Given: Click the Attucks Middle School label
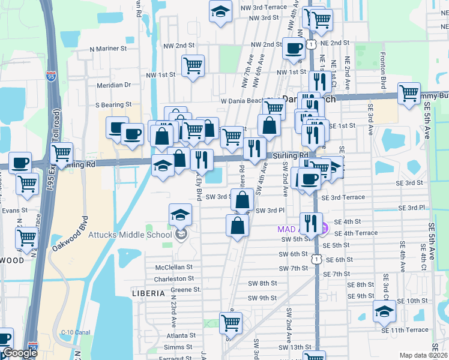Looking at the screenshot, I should (130, 234).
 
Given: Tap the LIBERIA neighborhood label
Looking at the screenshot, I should (148, 293).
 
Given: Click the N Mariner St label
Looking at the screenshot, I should (107, 47).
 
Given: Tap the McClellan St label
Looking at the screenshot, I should (173, 267).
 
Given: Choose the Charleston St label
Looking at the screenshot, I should (173, 279).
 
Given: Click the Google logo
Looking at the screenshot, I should (19, 353).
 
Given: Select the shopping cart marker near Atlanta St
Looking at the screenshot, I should (231, 323).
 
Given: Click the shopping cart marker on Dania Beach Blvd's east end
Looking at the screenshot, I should (409, 93).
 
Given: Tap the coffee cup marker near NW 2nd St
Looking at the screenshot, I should (294, 49).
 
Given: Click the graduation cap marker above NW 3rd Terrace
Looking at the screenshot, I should (220, 11).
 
